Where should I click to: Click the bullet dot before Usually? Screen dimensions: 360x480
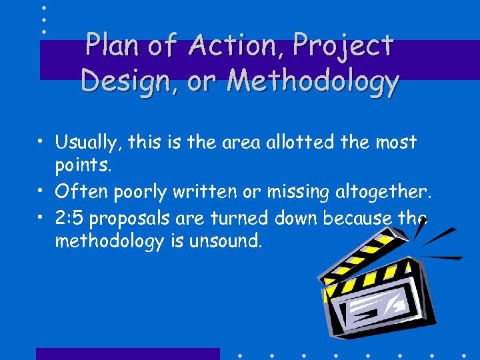(x=42, y=143)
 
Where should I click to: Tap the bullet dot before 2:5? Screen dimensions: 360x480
(x=42, y=218)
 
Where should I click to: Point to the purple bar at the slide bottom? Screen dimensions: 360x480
(x=127, y=353)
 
